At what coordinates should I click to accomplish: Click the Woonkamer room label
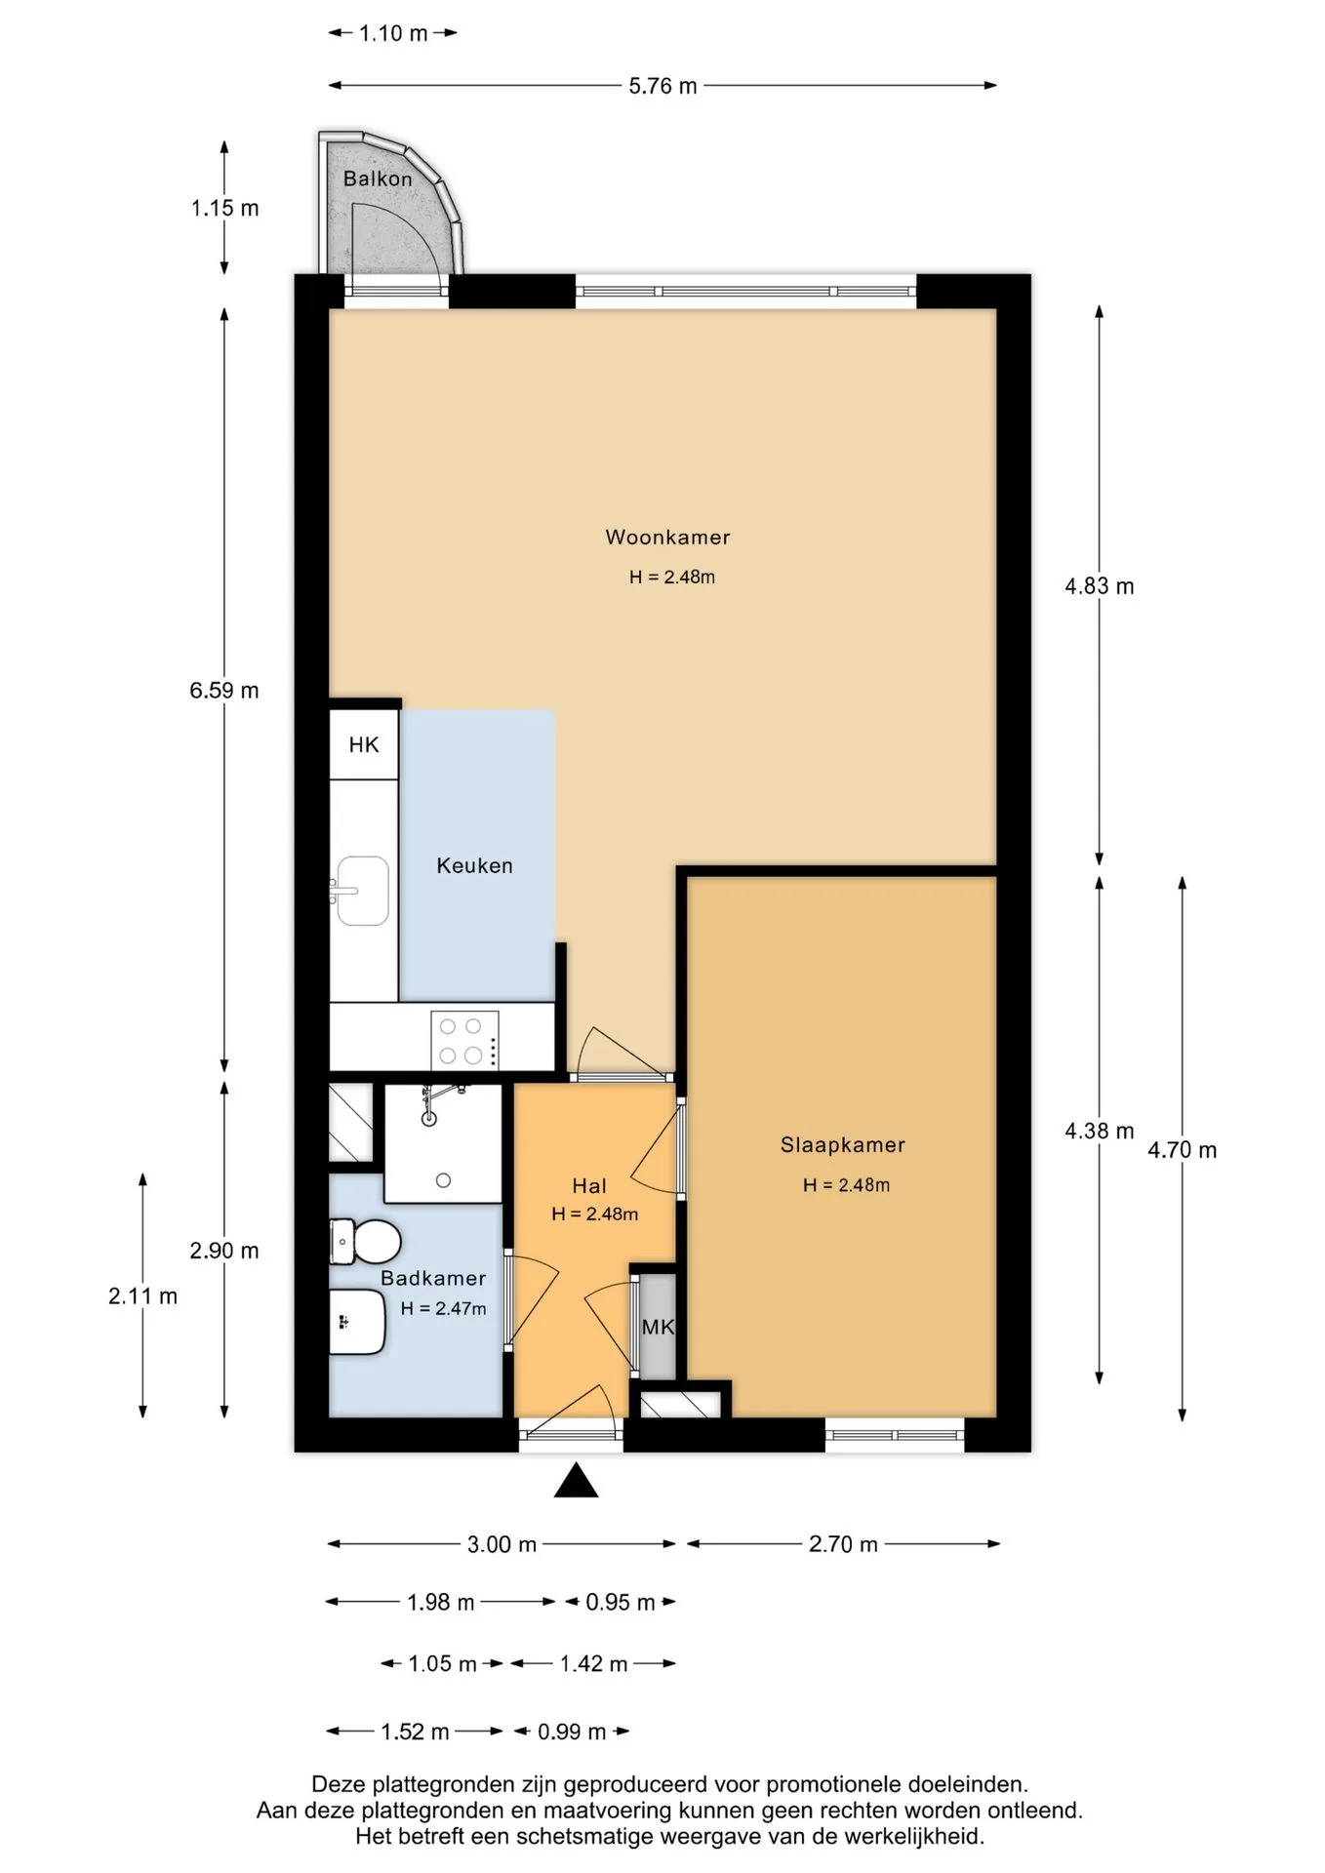(667, 538)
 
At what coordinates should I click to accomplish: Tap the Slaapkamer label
(842, 1145)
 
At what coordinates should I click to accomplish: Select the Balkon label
(378, 179)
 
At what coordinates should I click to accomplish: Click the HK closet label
(364, 745)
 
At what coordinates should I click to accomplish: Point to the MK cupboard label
(658, 1328)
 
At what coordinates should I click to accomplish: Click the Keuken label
(474, 866)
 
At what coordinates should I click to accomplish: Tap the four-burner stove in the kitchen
(464, 1041)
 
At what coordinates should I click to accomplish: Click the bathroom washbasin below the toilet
(356, 1322)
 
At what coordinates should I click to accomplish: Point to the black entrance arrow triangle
(576, 1480)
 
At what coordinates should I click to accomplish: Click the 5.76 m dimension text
(662, 87)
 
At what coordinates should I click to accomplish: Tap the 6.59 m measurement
(224, 691)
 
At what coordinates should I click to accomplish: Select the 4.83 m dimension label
(1100, 586)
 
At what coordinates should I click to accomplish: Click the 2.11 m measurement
(142, 1296)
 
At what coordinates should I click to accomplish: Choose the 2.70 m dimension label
(843, 1544)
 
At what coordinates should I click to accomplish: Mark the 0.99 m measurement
(572, 1732)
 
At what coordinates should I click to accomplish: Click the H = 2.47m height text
(443, 1309)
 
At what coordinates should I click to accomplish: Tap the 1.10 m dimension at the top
(393, 34)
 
